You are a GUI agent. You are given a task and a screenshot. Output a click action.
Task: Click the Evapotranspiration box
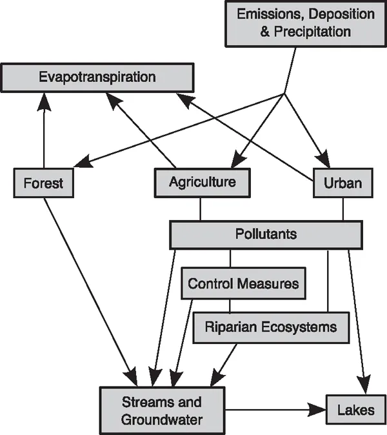[x=97, y=77]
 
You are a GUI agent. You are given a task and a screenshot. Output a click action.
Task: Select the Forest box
[x=44, y=183]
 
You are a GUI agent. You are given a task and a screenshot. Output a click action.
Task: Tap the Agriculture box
[x=202, y=182]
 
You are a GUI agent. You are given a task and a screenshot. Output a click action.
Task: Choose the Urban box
[x=342, y=183]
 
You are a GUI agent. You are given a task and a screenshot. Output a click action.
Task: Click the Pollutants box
[x=266, y=234]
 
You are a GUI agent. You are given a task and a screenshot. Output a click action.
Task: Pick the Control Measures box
[x=243, y=283]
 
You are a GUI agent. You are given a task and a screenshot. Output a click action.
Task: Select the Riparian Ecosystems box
[x=270, y=327]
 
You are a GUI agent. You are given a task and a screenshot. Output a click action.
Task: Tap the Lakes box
[x=355, y=409]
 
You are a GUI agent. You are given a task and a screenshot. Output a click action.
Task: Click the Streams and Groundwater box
[x=162, y=410]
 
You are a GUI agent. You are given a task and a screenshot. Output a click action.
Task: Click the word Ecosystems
[x=299, y=327]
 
